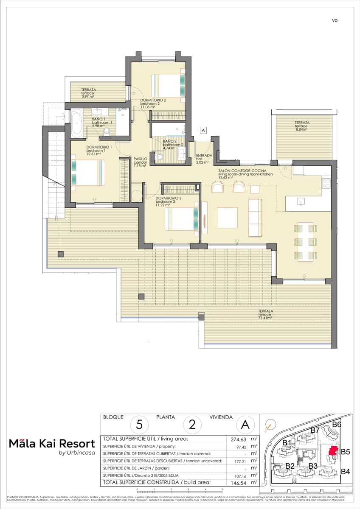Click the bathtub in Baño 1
[x=77, y=123]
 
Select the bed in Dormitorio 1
[x=88, y=172]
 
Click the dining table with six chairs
[x=306, y=241]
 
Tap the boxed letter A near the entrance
[x=203, y=131]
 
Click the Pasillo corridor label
[x=140, y=162]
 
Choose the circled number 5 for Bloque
[x=139, y=424]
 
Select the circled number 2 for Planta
[x=192, y=424]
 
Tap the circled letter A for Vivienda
[x=245, y=424]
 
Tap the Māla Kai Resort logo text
[x=52, y=444]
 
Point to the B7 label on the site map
[x=315, y=430]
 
